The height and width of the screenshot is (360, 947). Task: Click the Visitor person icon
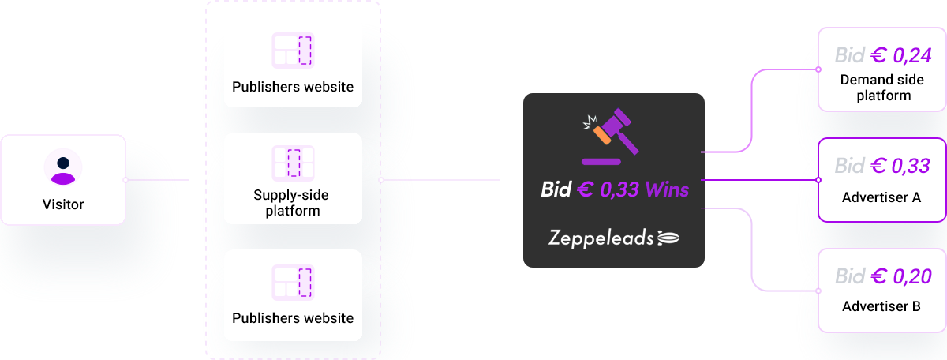(x=62, y=167)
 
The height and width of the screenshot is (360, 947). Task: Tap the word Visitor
(x=63, y=204)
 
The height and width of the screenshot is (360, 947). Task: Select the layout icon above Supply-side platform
(x=293, y=162)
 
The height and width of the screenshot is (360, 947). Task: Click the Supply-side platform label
(x=292, y=202)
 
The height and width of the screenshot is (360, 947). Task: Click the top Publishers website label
(x=293, y=87)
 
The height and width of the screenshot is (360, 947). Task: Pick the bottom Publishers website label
(x=293, y=318)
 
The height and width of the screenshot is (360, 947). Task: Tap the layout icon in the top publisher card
(x=293, y=51)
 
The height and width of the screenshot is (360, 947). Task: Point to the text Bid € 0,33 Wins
(x=614, y=189)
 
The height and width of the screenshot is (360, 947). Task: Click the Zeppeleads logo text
(x=601, y=237)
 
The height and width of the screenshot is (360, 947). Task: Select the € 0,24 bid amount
(x=900, y=54)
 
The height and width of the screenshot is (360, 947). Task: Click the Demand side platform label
(x=881, y=88)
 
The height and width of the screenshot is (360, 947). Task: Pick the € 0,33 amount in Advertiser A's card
(x=900, y=165)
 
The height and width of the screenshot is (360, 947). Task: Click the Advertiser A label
(x=881, y=197)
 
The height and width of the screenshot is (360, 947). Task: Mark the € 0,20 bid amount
(x=900, y=276)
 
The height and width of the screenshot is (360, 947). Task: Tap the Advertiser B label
(x=881, y=306)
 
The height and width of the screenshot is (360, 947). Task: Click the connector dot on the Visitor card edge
(x=125, y=180)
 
